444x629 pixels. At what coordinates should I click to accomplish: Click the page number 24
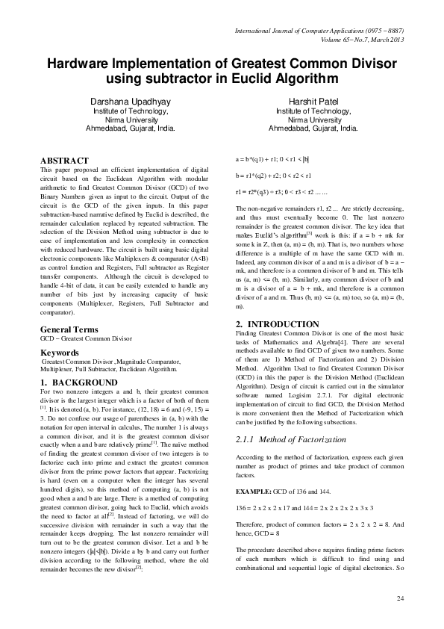(399, 598)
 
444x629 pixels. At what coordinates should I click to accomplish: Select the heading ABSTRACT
(64, 161)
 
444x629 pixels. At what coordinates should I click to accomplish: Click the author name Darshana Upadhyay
(131, 100)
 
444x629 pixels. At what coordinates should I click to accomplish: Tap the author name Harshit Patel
(313, 100)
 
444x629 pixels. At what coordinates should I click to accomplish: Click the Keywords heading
(59, 352)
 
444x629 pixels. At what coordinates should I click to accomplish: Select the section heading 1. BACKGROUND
(75, 382)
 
